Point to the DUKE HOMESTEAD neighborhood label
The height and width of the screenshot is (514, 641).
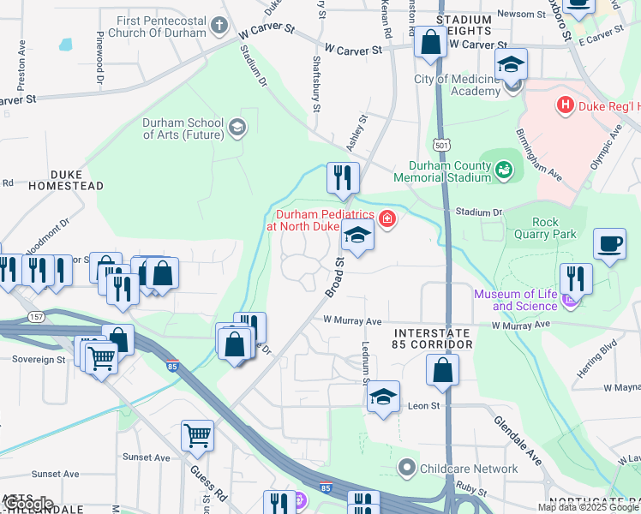pyautogui.click(x=53, y=179)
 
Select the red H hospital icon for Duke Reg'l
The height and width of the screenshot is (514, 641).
pyautogui.click(x=565, y=105)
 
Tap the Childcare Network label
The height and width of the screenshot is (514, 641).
pyautogui.click(x=468, y=469)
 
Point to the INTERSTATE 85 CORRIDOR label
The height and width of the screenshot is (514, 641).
pyautogui.click(x=432, y=338)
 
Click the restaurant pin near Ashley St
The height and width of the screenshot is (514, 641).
pyautogui.click(x=343, y=177)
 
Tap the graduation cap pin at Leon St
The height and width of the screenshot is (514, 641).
pyautogui.click(x=384, y=397)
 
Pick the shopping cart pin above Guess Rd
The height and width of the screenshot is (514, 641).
pyautogui.click(x=197, y=435)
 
